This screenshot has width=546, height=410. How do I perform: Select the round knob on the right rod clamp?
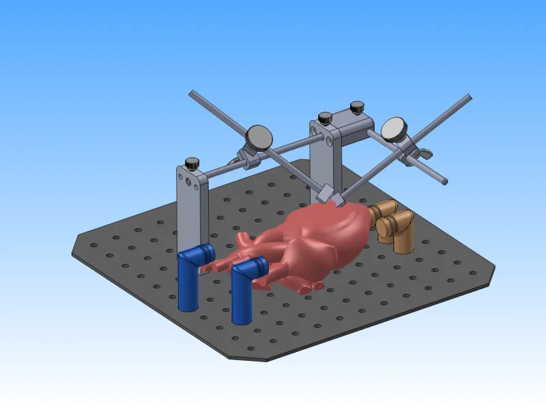[394, 128]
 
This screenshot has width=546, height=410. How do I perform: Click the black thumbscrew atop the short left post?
[192, 163]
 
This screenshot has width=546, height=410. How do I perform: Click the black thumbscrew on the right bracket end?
[356, 107]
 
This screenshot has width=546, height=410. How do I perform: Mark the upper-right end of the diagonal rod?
[468, 97]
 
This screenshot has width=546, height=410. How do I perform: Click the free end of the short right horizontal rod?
[444, 182]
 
